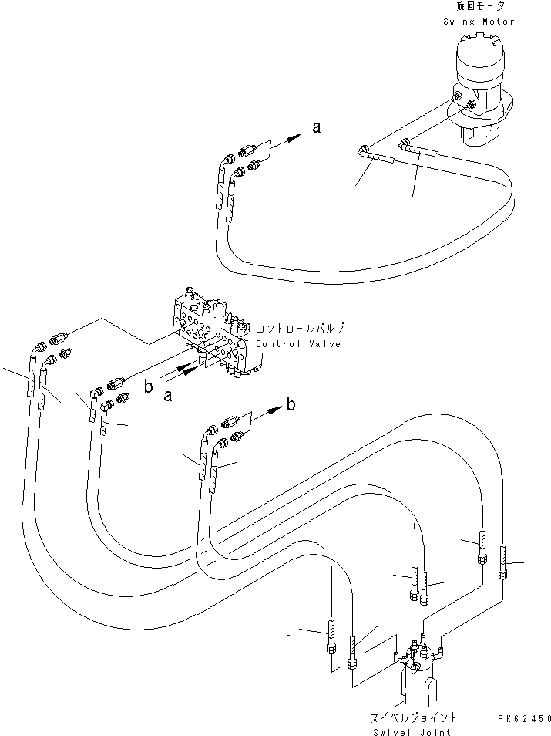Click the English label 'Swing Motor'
coord(478,22)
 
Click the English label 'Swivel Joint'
coord(422,731)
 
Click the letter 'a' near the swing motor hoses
coord(315,128)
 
